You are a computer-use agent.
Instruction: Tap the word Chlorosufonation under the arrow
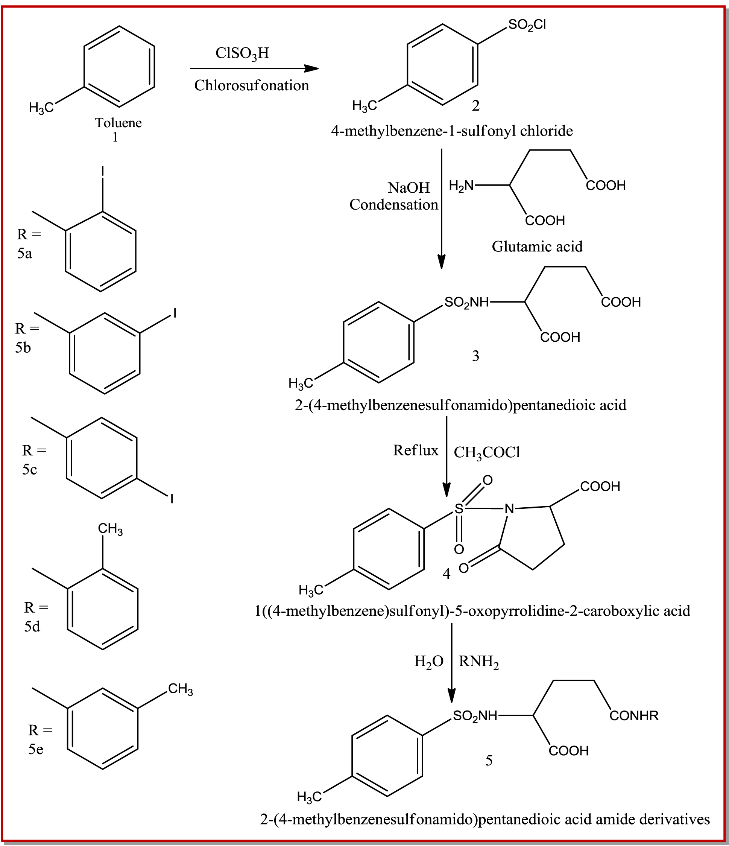click(x=251, y=85)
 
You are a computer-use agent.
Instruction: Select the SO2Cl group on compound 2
click(x=527, y=25)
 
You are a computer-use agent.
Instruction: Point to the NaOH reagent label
click(x=409, y=187)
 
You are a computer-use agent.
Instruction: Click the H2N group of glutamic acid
click(x=461, y=186)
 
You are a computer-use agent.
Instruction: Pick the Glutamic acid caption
click(x=537, y=246)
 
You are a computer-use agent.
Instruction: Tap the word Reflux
click(x=416, y=450)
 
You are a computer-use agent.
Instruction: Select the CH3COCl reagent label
click(x=487, y=452)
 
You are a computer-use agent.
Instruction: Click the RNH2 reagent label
click(x=478, y=662)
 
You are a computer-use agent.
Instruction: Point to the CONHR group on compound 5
click(x=634, y=716)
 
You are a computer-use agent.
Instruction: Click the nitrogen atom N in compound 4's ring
click(x=509, y=509)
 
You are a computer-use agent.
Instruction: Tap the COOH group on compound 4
click(x=600, y=486)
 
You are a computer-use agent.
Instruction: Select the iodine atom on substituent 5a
click(x=103, y=172)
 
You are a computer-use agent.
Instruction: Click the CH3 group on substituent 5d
click(x=110, y=529)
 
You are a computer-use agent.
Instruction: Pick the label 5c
click(x=29, y=470)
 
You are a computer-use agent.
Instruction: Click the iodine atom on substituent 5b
click(x=175, y=313)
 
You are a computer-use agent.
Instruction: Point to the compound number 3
click(x=475, y=356)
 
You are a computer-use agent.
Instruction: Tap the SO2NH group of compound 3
click(x=466, y=303)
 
